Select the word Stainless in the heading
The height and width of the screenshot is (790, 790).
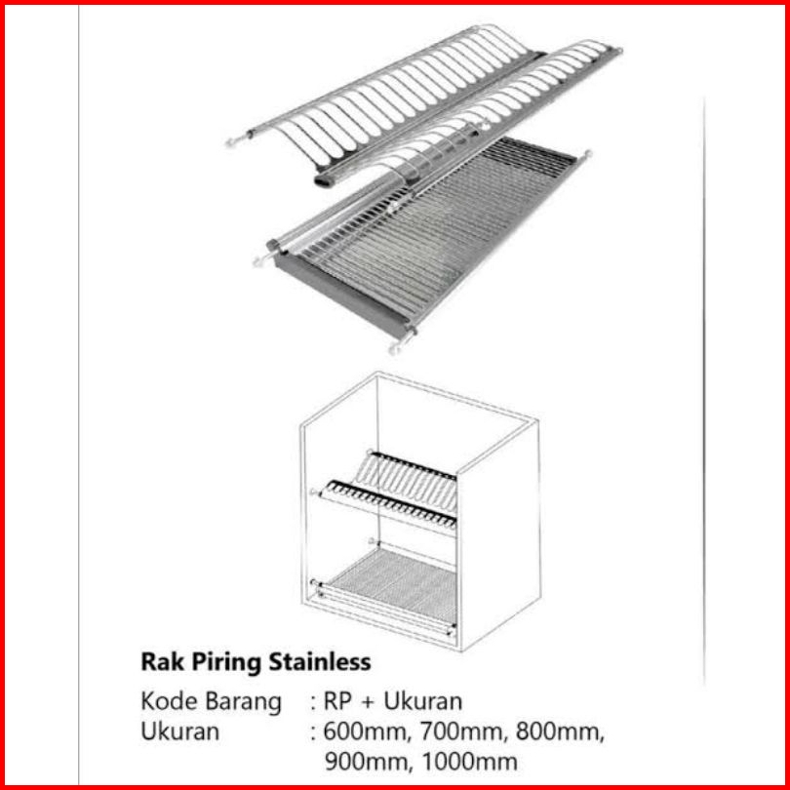(320, 661)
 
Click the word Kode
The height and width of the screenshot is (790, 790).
(169, 701)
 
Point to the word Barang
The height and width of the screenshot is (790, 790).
(243, 703)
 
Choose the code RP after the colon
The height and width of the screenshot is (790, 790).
(337, 701)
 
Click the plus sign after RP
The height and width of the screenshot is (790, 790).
(368, 702)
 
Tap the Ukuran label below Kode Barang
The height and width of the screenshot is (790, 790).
(179, 731)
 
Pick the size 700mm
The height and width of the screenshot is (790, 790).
(462, 732)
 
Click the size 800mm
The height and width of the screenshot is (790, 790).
(559, 732)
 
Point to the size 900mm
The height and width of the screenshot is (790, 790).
(366, 763)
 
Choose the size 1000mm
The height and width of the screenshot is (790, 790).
(468, 762)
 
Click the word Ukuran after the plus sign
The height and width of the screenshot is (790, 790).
(422, 701)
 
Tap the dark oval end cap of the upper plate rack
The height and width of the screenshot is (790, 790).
(324, 179)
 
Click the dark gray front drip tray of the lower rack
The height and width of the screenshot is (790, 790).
(341, 296)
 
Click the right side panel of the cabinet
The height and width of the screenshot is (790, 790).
(498, 535)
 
